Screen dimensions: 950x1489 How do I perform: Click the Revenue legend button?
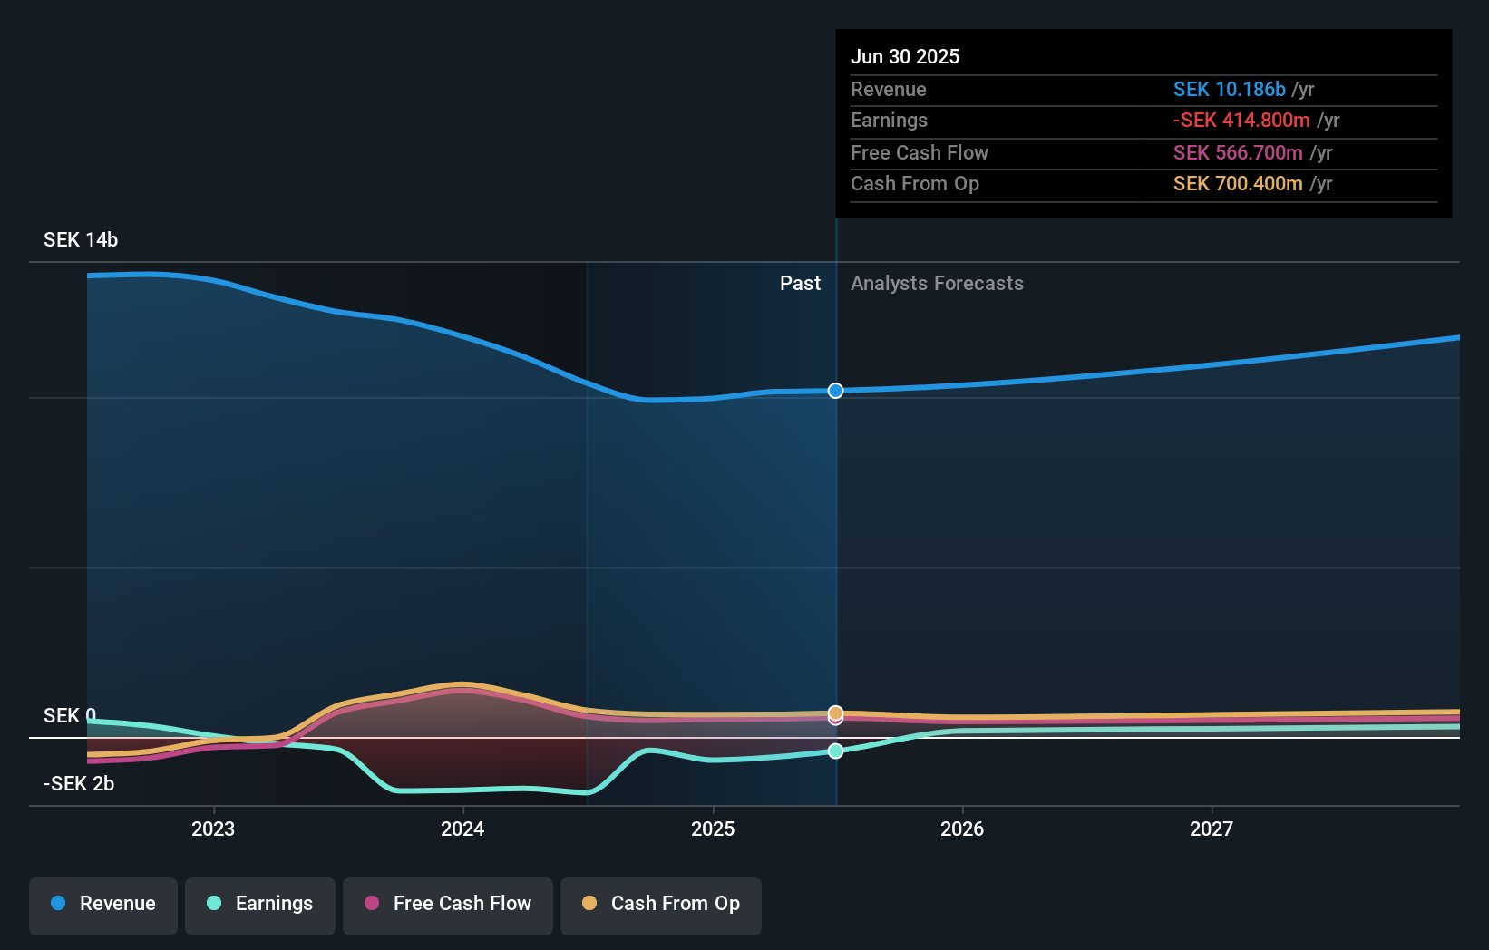point(103,904)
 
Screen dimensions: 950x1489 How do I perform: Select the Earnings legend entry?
point(260,904)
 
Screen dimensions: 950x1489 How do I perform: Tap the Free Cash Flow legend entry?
point(448,904)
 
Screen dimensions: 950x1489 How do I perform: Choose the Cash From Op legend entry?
point(661,904)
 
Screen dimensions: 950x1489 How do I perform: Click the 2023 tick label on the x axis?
point(213,829)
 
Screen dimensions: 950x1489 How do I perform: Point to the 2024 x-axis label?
point(462,829)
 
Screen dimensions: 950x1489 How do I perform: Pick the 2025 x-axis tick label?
point(713,829)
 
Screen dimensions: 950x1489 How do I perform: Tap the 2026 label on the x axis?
point(962,829)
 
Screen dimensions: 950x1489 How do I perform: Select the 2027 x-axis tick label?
point(1212,829)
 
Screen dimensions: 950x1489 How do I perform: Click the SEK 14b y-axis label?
point(81,240)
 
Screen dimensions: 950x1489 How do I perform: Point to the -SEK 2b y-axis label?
point(79,784)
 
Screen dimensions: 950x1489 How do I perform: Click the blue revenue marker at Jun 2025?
point(836,391)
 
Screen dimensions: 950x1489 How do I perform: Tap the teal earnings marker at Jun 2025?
point(836,751)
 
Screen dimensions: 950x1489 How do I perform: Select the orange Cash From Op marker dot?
point(836,712)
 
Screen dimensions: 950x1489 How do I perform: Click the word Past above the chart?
point(800,284)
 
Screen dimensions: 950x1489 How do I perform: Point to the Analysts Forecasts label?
point(937,284)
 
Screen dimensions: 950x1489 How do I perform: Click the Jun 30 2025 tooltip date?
point(905,57)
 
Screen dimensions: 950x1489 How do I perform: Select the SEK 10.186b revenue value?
point(1229,90)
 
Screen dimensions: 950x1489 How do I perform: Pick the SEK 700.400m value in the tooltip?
point(1238,184)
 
